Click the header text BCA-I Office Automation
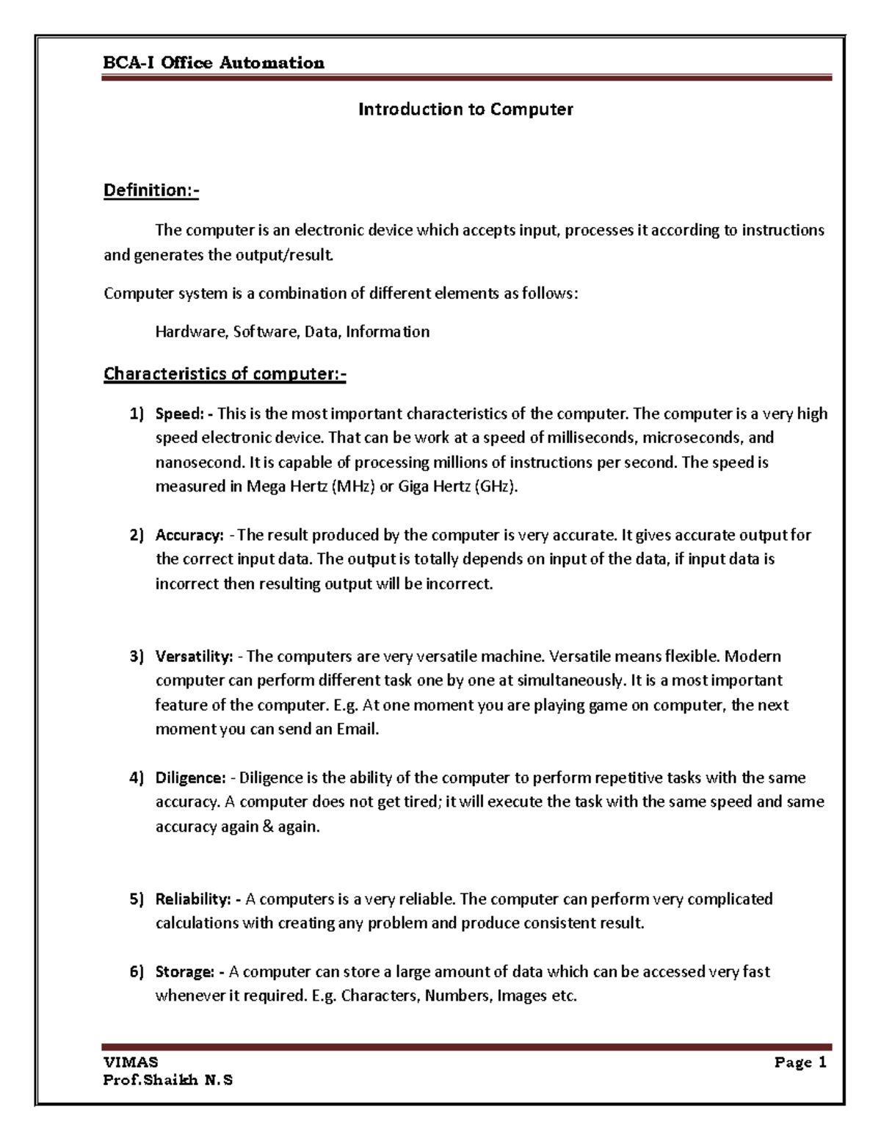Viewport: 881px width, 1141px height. coord(214,63)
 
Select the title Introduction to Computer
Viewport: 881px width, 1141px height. coord(465,109)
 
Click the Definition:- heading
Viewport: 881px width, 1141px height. coord(151,191)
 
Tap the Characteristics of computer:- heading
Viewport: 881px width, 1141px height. coord(225,374)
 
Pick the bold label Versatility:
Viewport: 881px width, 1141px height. coord(195,656)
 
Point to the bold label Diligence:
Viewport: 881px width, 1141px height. coord(190,777)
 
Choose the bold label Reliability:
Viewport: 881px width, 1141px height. coord(193,899)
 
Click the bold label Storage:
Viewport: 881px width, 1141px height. coord(184,972)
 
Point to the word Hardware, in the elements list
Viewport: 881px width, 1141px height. coord(191,332)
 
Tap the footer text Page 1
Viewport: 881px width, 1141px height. coord(800,1062)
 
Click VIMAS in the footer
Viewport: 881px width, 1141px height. coord(131,1062)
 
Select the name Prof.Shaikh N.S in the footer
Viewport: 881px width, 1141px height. coord(168,1080)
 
